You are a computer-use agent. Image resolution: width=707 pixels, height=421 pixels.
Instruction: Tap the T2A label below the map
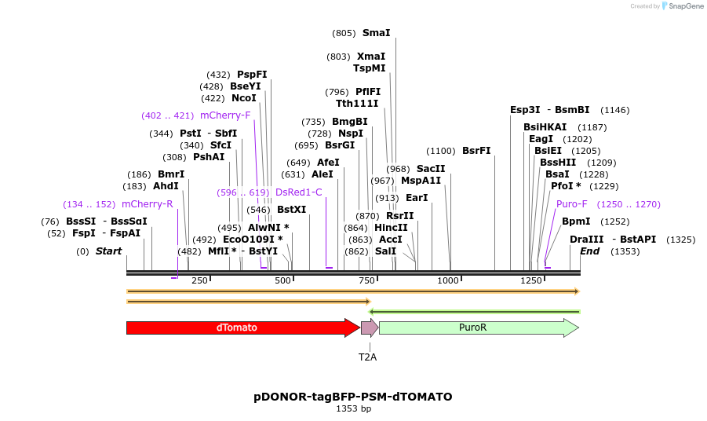368,357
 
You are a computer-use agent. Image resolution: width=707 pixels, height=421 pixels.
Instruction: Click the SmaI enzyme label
376,33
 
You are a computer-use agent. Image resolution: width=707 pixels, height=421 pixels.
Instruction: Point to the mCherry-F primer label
225,115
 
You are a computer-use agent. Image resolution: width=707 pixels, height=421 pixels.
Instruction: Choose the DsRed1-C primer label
298,192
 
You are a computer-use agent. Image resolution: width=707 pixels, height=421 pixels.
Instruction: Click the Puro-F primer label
571,204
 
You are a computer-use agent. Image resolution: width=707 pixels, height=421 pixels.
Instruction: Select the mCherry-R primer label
148,204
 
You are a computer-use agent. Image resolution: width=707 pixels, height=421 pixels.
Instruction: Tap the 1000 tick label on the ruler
449,281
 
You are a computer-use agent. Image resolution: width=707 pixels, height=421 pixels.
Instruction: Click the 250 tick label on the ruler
199,281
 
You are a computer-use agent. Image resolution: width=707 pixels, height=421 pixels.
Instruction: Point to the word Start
108,251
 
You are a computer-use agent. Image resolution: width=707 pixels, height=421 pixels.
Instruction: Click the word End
589,251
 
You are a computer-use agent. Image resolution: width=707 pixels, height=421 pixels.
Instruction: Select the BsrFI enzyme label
476,151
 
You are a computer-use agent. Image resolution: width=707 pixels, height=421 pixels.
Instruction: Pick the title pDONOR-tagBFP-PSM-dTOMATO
353,397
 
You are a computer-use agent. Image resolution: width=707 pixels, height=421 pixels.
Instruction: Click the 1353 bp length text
353,408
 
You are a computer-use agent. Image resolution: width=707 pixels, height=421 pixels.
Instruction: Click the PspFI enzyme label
252,75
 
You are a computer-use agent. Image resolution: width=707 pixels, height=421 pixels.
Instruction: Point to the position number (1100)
441,151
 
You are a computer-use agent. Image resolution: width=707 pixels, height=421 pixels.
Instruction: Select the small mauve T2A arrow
369,328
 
